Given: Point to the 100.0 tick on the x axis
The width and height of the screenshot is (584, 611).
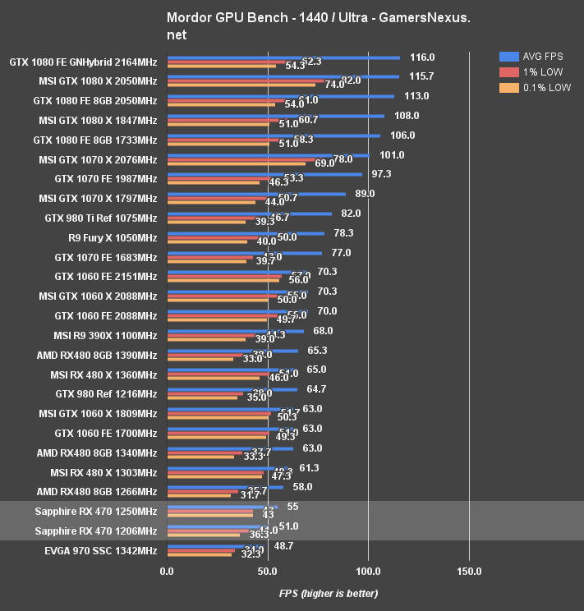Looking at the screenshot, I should tap(368, 571).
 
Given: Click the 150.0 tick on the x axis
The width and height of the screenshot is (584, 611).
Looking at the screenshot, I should tap(469, 571).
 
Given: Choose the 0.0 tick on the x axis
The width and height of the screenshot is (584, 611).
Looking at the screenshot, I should tap(167, 571).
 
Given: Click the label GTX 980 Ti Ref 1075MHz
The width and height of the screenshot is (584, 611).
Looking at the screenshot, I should tap(100, 218).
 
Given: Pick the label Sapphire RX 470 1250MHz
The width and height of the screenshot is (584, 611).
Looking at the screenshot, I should tap(96, 512).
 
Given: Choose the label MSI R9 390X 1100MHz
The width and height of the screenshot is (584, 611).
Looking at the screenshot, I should tap(105, 335).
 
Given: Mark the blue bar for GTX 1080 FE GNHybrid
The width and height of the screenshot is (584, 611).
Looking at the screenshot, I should tap(283, 57).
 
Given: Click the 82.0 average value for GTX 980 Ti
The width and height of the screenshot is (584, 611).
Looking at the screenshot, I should tap(352, 214).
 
